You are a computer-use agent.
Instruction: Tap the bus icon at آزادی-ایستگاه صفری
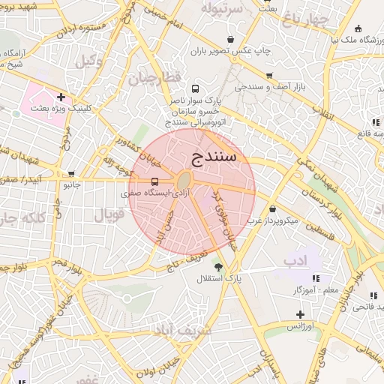(154, 181)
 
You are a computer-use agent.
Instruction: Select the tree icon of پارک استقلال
(218, 267)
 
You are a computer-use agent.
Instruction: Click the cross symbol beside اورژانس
(300, 313)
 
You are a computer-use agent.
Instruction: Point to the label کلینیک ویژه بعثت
(61, 109)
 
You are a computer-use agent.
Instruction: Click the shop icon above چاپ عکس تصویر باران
(229, 40)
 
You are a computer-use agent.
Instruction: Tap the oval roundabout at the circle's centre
(183, 181)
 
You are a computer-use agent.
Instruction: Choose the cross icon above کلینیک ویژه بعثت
(61, 97)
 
